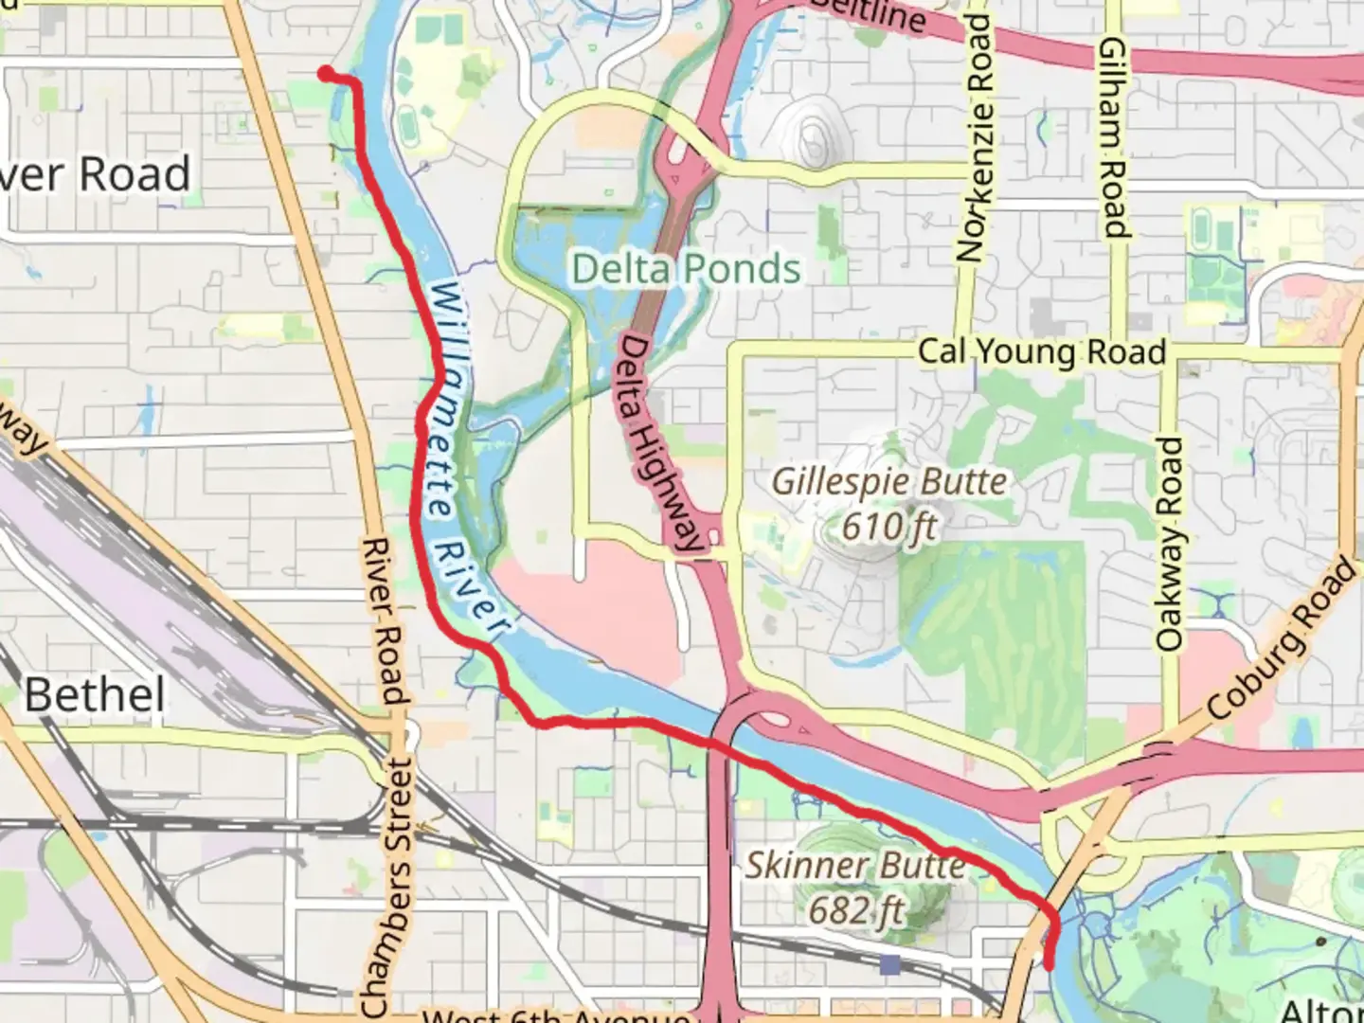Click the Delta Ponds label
click(x=687, y=269)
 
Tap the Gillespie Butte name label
click(x=888, y=481)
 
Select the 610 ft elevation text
click(x=888, y=526)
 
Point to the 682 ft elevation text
click(x=855, y=911)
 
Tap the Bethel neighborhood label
click(x=95, y=695)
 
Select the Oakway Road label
click(x=1171, y=544)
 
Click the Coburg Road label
click(x=1282, y=640)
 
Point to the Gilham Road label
click(x=1114, y=137)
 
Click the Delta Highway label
click(x=660, y=442)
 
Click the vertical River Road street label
click(x=384, y=620)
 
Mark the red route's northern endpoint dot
click(x=325, y=74)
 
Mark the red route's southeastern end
click(x=1050, y=963)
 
